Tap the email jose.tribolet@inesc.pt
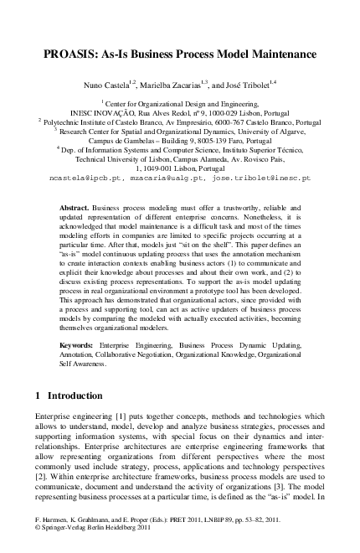coord(261,178)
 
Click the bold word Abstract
coord(77,206)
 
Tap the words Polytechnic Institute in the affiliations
coord(81,121)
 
